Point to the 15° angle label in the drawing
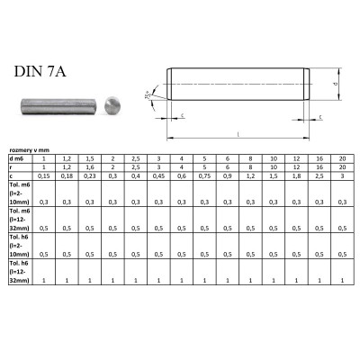[x=148, y=94]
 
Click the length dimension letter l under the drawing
[x=238, y=133]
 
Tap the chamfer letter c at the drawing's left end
[x=184, y=116]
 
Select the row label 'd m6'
[x=16, y=159]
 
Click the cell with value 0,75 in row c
[x=205, y=176]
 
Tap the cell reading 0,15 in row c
[x=43, y=176]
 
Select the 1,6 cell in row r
[x=89, y=167]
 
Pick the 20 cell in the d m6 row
[x=342, y=159]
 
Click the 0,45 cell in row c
[x=158, y=176]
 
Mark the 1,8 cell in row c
[x=296, y=176]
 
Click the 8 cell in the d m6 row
[x=250, y=159]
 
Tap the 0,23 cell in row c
[x=89, y=176]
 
